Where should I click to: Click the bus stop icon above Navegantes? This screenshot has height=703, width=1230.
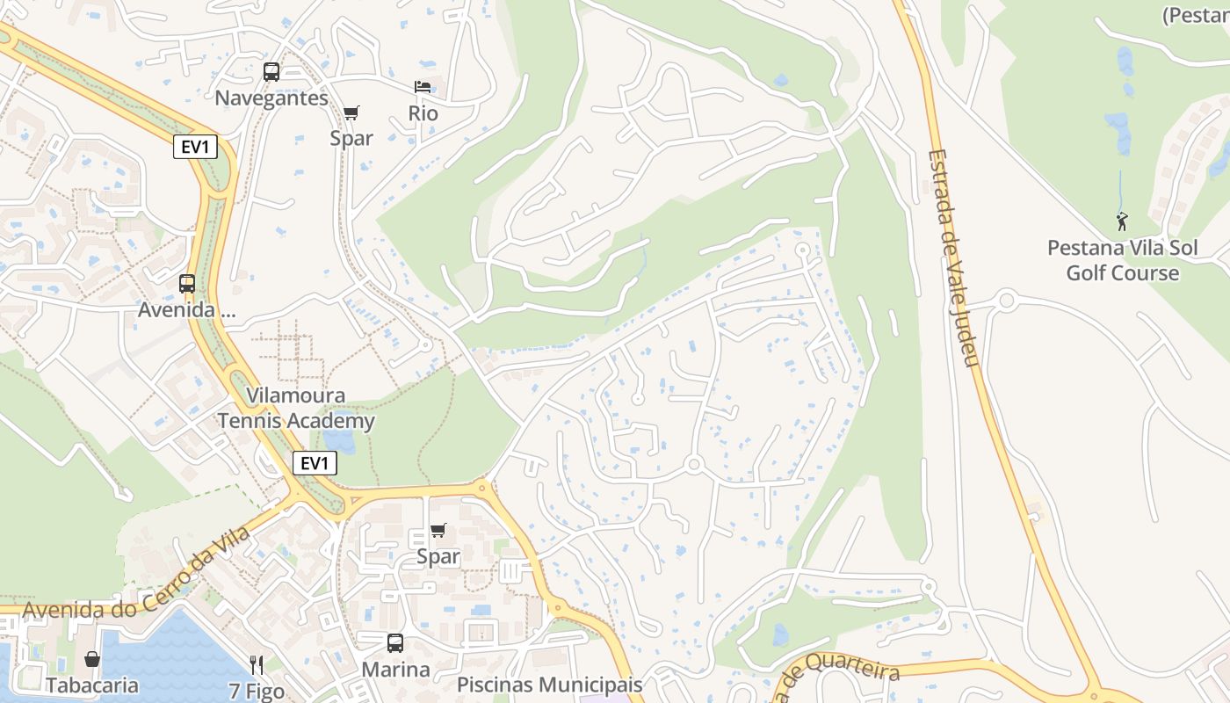coord(271,72)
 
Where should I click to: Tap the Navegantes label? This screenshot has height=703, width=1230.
coord(271,98)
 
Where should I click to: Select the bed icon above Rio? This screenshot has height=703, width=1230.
coord(423,87)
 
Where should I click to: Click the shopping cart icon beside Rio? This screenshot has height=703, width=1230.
coord(351,112)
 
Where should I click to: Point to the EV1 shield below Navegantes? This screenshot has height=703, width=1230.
coord(195,147)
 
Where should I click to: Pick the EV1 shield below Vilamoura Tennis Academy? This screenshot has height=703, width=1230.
coord(315,463)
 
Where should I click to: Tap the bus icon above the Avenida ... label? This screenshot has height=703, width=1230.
coord(187,284)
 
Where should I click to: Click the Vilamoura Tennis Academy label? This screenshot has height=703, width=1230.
coord(296,409)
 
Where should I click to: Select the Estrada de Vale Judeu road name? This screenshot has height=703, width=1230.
coord(953,258)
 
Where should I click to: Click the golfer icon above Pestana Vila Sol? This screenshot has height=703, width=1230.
coord(1121,221)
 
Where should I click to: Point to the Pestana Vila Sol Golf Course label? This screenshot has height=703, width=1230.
coord(1122,261)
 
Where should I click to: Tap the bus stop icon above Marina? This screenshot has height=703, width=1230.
coord(395,643)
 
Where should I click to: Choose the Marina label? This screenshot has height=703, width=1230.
coord(396,670)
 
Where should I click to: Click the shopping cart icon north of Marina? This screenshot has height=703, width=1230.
coord(438,531)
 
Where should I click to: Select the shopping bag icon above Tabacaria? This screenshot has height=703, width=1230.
coord(92,659)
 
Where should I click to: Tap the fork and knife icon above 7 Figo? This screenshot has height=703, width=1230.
coord(257,664)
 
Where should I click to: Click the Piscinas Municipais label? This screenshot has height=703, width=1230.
coord(550,685)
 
